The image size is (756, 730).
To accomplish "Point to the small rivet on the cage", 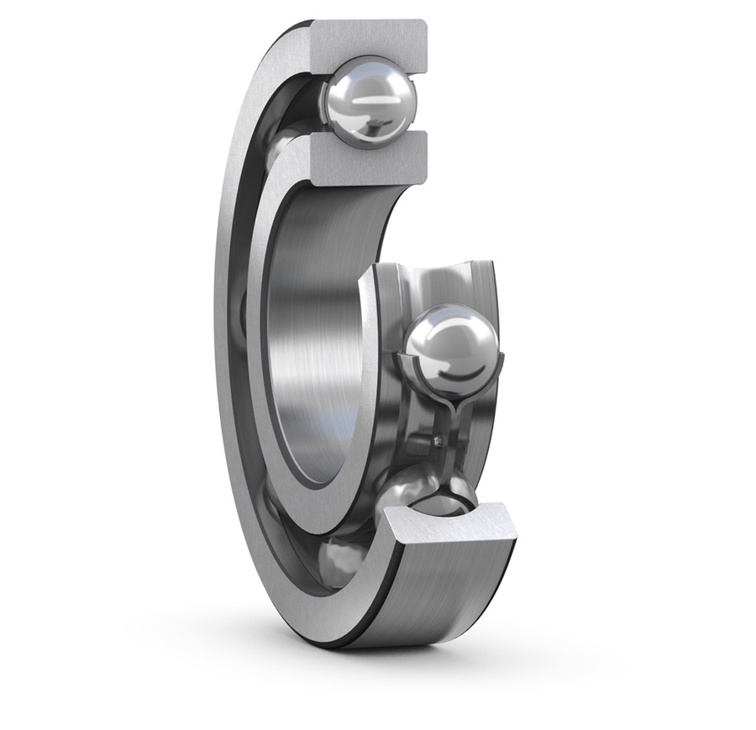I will (437, 439).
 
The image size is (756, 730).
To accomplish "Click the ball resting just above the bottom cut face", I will (428, 496).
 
